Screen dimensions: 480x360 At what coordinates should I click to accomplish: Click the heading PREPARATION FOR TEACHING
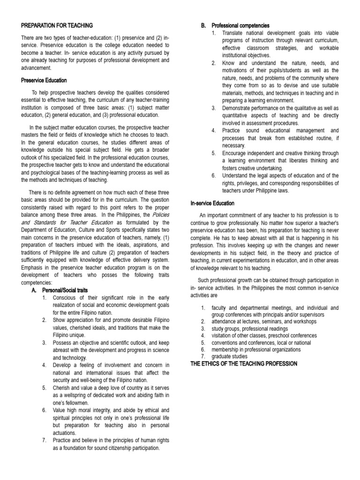[x=57, y=25]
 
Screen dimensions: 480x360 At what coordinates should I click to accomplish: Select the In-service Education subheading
[x=212, y=203]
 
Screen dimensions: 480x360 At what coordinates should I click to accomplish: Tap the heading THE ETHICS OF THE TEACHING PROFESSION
[x=243, y=364]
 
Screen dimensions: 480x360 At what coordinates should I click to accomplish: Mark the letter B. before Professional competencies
[x=203, y=25]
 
